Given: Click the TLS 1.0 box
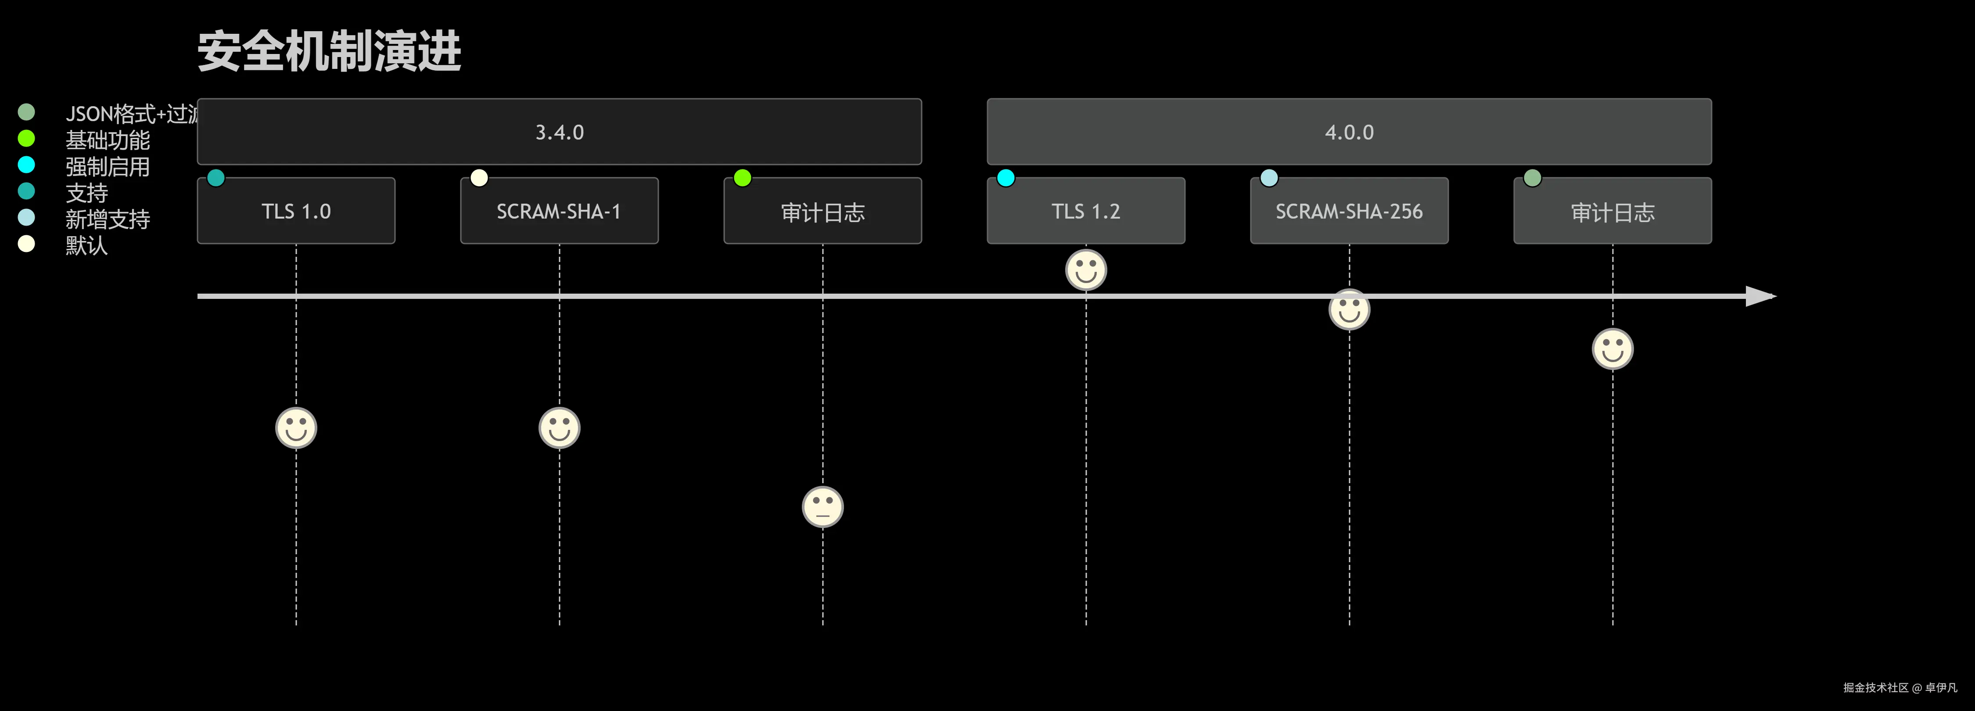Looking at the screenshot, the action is (296, 211).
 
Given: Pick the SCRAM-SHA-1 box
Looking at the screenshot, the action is (559, 211).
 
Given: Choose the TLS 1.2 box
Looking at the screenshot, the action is (1086, 211).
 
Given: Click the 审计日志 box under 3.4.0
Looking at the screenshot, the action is (822, 211).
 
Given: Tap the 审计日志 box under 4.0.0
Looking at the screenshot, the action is (1612, 211).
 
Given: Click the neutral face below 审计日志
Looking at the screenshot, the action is (822, 507).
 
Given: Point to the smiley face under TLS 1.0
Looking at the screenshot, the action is (296, 428).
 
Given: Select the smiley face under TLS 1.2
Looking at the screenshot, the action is (1086, 270).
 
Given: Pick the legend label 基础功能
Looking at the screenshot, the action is (108, 140).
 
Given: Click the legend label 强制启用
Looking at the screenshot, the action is (108, 166).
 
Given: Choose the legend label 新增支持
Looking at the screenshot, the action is (108, 219).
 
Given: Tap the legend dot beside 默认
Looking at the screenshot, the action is (26, 244).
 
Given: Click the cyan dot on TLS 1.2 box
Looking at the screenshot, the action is (1006, 178).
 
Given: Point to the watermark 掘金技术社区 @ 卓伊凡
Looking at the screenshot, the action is (1900, 687).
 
